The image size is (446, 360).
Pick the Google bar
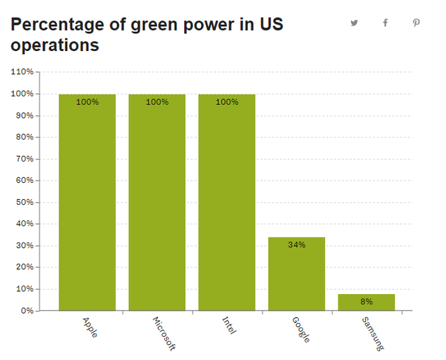click(x=297, y=276)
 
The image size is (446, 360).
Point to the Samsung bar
click(x=366, y=303)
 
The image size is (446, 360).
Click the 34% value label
click(x=297, y=245)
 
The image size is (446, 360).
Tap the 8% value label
click(x=366, y=301)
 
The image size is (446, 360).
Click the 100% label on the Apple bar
click(x=87, y=102)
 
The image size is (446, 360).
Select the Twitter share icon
click(x=354, y=23)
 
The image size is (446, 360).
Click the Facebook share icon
click(x=385, y=23)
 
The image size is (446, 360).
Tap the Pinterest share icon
click(x=416, y=23)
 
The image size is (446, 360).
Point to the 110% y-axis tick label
click(x=23, y=72)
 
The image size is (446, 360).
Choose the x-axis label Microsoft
click(x=164, y=334)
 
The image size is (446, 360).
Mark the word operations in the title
click(x=55, y=46)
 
